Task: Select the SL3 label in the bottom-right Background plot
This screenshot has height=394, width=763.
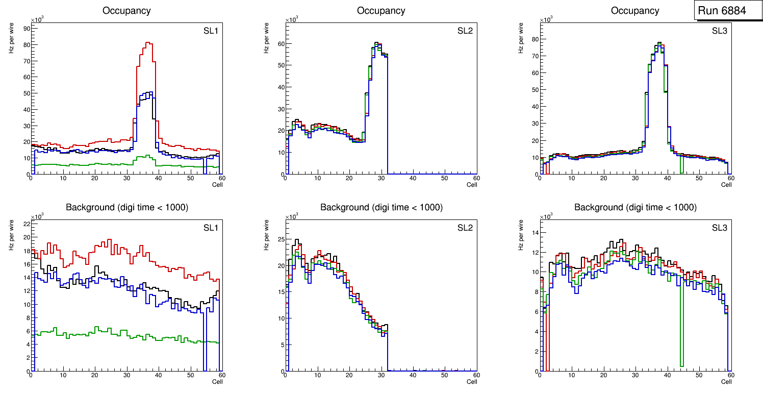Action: (719, 227)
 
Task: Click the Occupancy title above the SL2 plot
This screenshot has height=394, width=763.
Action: (381, 11)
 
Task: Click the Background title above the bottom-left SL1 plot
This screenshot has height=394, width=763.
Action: (126, 207)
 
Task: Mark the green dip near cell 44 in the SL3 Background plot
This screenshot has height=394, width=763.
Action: (682, 365)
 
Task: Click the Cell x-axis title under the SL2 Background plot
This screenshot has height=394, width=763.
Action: (472, 381)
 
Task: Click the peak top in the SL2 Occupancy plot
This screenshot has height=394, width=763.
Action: (376, 43)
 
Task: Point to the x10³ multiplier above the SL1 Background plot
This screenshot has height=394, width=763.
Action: (37, 216)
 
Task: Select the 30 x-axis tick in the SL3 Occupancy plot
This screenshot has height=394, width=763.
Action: (635, 178)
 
